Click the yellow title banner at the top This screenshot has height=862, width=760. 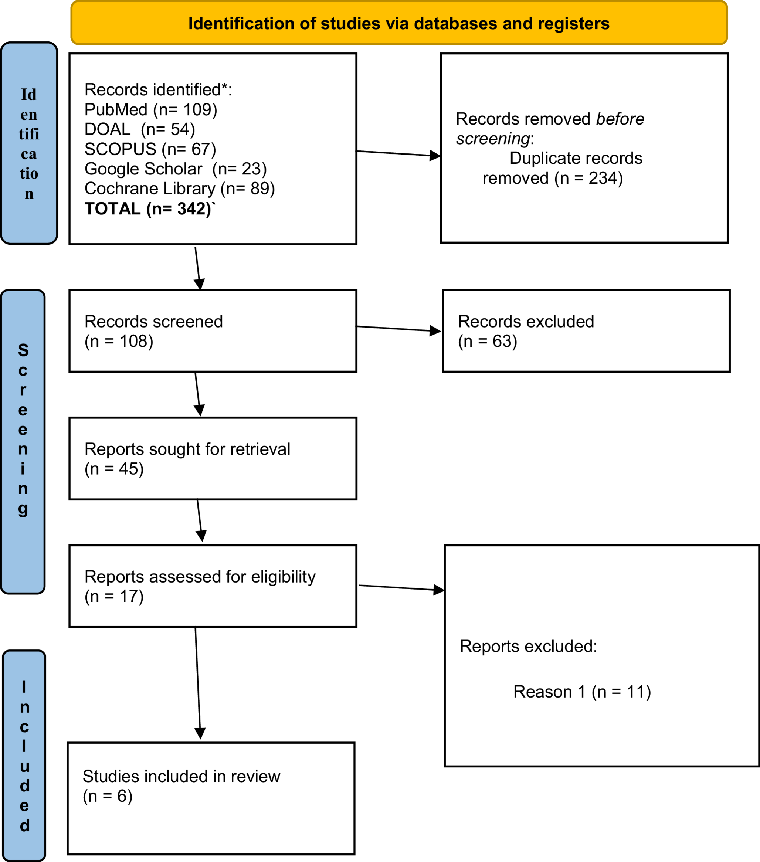[x=398, y=23]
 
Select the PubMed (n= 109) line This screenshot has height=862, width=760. [x=150, y=110]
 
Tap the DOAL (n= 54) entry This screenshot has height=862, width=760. [x=140, y=129]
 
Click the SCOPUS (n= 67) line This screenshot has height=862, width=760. [x=150, y=149]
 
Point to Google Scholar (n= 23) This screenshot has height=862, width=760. [x=176, y=169]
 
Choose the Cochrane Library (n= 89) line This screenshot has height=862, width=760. [x=180, y=189]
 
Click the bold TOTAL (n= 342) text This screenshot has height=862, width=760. [x=147, y=209]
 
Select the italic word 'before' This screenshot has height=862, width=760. [x=620, y=119]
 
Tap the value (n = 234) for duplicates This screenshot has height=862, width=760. [x=588, y=178]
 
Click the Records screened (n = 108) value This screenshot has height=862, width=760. [x=119, y=341]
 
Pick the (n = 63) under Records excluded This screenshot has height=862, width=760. [x=488, y=341]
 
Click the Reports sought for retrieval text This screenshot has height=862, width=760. [x=187, y=449]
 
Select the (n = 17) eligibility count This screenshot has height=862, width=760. [x=114, y=596]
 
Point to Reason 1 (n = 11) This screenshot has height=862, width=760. [x=582, y=692]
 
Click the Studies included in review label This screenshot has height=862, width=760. [x=181, y=776]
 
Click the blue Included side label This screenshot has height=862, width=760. [x=24, y=755]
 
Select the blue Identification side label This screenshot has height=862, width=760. [x=29, y=143]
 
